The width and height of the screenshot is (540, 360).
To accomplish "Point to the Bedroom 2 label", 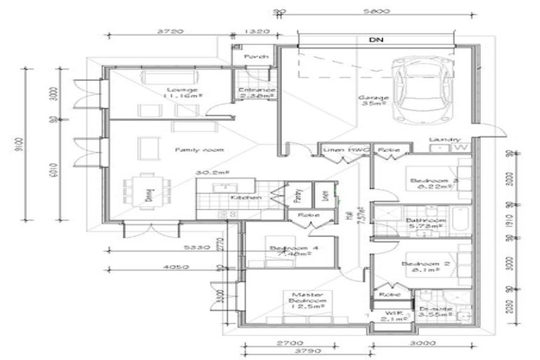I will click(x=420, y=264).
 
